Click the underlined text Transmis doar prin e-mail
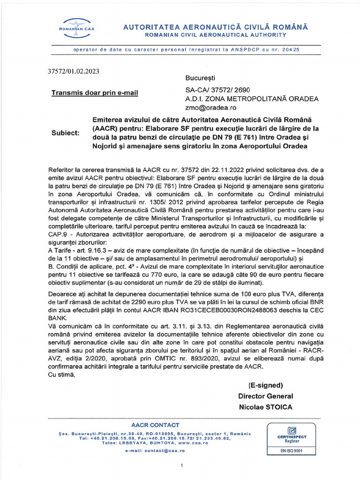tap(95, 93)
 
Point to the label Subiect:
tap(65, 133)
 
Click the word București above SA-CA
tap(201, 77)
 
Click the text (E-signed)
tap(265, 385)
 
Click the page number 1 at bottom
tap(181, 465)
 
